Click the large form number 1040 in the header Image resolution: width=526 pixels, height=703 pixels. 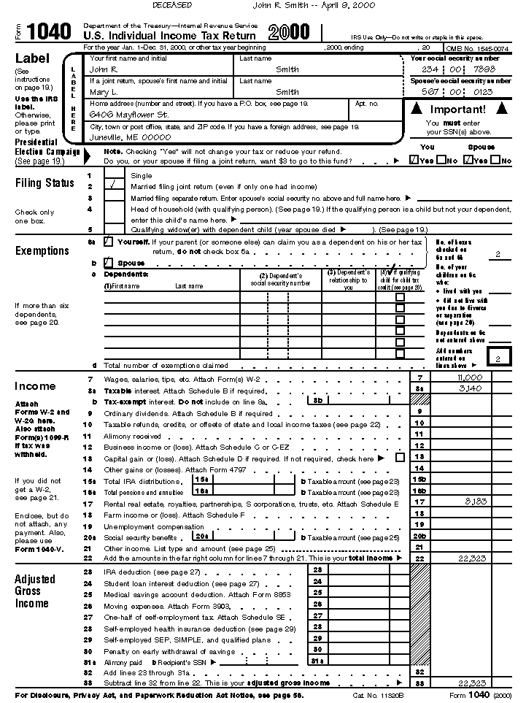pyautogui.click(x=50, y=32)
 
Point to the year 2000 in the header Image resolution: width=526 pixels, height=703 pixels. pyautogui.click(x=289, y=31)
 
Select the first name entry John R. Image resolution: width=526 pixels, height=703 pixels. pyautogui.click(x=102, y=69)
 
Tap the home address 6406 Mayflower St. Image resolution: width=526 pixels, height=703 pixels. pyautogui.click(x=128, y=115)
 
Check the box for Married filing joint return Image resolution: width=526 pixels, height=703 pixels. pyautogui.click(x=113, y=186)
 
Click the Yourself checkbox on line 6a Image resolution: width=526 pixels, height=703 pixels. pyautogui.click(x=109, y=241)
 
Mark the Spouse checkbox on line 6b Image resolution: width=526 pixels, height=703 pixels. pyautogui.click(x=109, y=262)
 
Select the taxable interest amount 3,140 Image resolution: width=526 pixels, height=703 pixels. pyautogui.click(x=471, y=388)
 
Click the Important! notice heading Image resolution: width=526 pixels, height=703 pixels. pyautogui.click(x=458, y=110)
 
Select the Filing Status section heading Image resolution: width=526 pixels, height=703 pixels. pyautogui.click(x=45, y=183)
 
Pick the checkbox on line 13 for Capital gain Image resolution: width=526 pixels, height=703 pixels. pyautogui.click(x=399, y=458)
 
